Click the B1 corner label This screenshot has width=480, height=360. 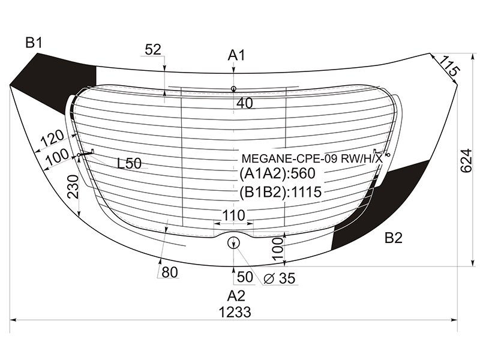tap(34, 43)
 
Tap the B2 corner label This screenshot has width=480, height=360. tap(394, 238)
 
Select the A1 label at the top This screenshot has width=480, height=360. tap(236, 55)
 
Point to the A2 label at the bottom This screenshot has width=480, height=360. tap(236, 296)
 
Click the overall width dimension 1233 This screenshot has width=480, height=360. tap(235, 312)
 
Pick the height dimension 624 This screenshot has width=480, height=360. tap(466, 160)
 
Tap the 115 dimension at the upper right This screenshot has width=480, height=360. tap(449, 67)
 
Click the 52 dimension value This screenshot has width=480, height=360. tap(153, 49)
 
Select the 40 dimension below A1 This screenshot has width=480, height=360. tap(245, 103)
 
